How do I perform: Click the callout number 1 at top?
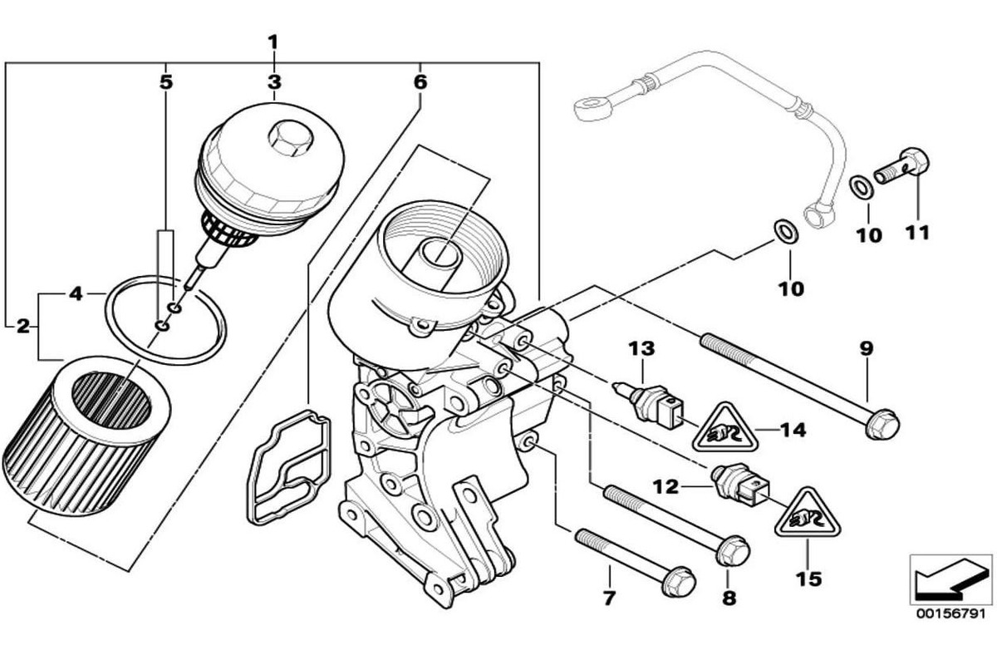[273, 41]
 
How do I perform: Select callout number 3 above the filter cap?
[274, 81]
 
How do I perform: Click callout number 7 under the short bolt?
[608, 597]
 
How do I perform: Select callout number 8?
[729, 597]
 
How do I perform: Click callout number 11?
[917, 233]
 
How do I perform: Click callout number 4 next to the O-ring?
[76, 293]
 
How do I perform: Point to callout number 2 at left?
[23, 325]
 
